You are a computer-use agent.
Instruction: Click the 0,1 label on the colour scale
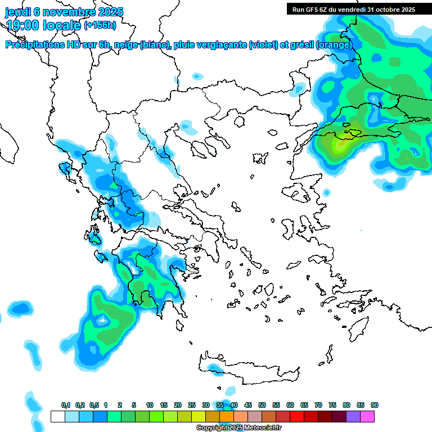pyautogui.click(x=66, y=405)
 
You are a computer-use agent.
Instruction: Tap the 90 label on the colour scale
pyautogui.click(x=375, y=405)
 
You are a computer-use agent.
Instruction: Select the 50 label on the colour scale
pyautogui.click(x=262, y=405)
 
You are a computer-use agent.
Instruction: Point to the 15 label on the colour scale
pyautogui.click(x=164, y=405)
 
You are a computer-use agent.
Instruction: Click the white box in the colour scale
pyautogui.click(x=57, y=416)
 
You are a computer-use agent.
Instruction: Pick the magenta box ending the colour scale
pyautogui.click(x=367, y=416)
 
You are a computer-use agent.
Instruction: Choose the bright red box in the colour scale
pyautogui.click(x=297, y=416)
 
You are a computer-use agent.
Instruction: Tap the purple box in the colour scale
pyautogui.click(x=353, y=416)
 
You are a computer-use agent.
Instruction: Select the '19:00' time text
pyautogui.click(x=22, y=25)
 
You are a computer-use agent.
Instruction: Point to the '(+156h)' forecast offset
pyautogui.click(x=100, y=25)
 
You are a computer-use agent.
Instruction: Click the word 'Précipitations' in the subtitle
pyautogui.click(x=37, y=45)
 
